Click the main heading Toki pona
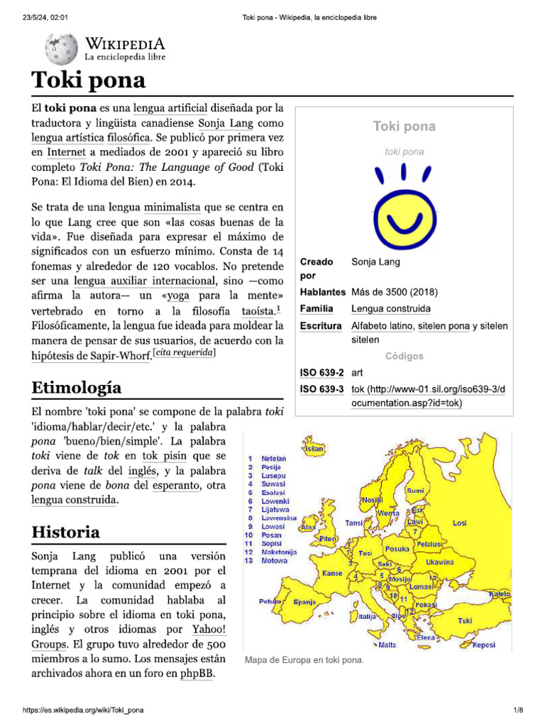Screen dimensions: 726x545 [x=88, y=80]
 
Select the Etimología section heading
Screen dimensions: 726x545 [x=77, y=387]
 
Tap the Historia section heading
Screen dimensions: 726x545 [x=65, y=532]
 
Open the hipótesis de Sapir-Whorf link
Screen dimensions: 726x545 [x=91, y=355]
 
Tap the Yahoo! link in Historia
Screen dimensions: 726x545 [x=209, y=630]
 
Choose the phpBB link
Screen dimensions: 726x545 [x=197, y=674]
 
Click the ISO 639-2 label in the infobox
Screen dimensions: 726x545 [x=321, y=372]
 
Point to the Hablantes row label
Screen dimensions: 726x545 [x=323, y=292]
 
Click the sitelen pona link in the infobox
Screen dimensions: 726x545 [x=444, y=326]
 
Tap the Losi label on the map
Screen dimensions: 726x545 [x=460, y=523]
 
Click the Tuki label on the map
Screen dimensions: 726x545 [x=465, y=620]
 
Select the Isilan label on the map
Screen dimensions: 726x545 [x=314, y=449]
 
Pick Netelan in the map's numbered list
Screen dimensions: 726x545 [x=273, y=459]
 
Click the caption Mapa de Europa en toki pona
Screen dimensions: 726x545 [x=304, y=660]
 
